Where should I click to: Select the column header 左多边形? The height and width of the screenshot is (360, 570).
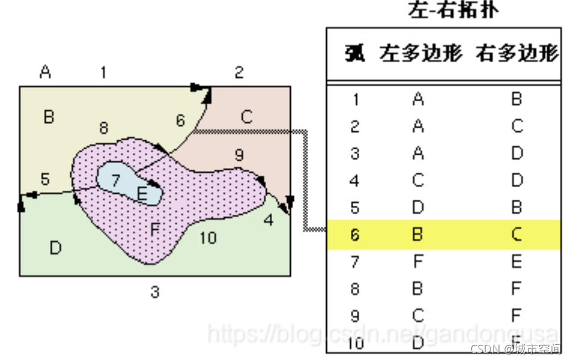click(420, 54)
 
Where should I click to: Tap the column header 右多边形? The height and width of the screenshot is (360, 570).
click(516, 54)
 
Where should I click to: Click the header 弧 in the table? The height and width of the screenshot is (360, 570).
click(355, 54)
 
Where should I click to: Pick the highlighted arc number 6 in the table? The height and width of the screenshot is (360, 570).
click(355, 234)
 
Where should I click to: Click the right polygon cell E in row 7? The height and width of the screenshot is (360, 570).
click(516, 262)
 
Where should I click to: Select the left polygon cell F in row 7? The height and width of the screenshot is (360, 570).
click(418, 262)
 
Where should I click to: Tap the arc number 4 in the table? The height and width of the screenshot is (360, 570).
click(355, 180)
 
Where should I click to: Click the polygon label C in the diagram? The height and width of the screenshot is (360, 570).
click(246, 116)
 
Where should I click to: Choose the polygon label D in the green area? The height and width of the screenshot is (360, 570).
click(55, 247)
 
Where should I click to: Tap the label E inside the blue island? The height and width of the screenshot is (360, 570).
click(142, 193)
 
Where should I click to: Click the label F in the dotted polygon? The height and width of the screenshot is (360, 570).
click(155, 229)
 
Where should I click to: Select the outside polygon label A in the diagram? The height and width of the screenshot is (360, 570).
click(45, 72)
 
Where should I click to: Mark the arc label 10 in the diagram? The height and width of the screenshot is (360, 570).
click(208, 238)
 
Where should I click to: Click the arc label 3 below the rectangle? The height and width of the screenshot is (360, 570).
click(155, 293)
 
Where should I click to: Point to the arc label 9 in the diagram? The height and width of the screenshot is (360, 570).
click(239, 155)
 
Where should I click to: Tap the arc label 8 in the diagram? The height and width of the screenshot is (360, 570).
click(104, 128)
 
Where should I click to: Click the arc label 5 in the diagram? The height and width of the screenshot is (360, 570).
click(45, 179)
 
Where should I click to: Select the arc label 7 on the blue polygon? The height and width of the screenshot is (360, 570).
click(116, 179)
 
